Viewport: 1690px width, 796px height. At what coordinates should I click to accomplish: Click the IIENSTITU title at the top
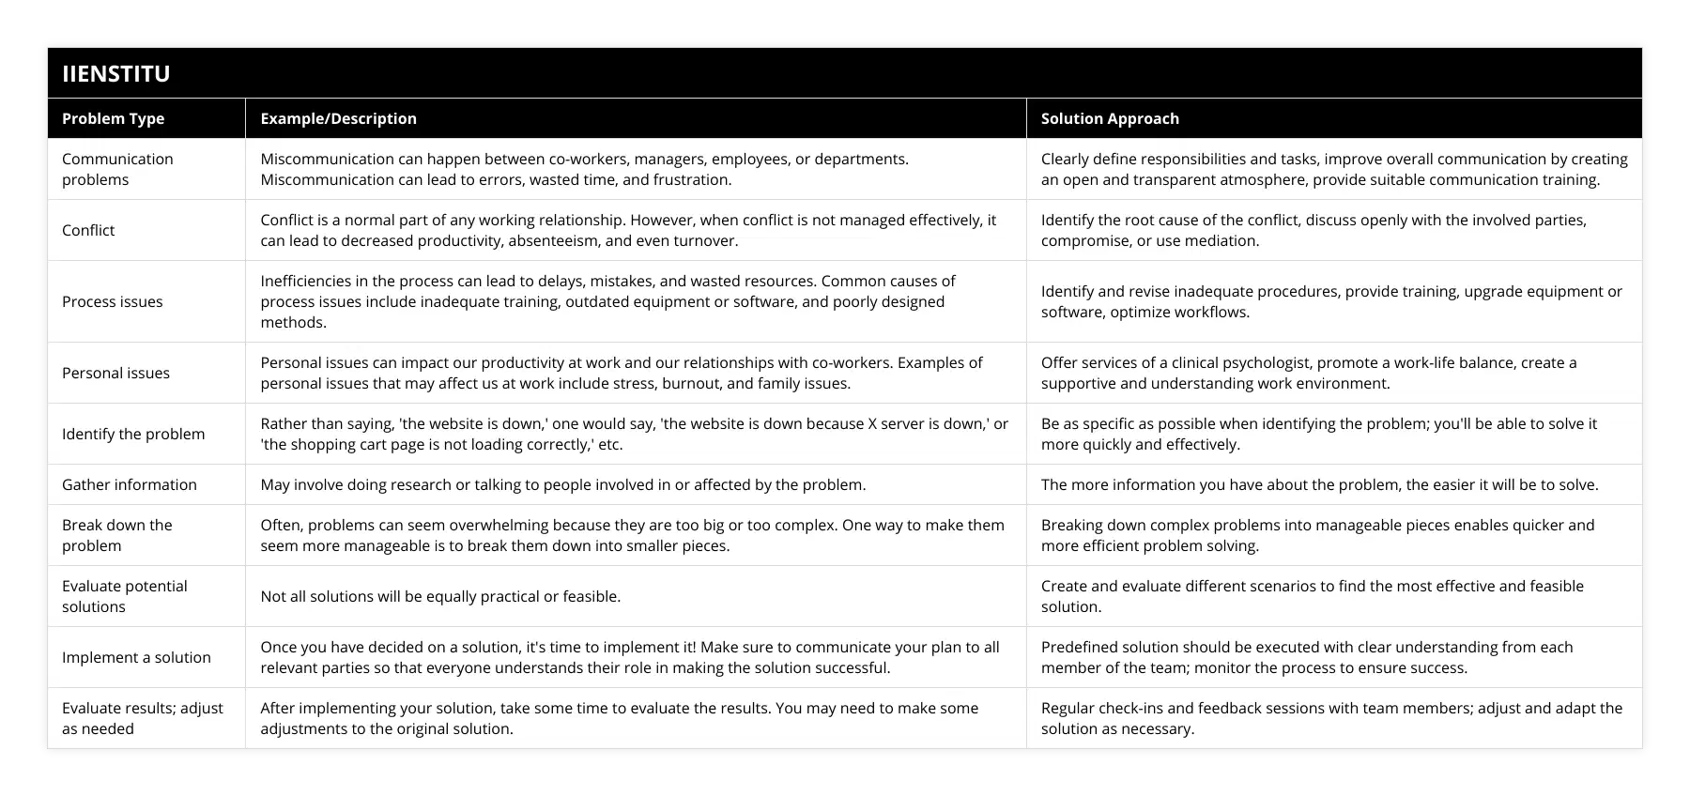116,73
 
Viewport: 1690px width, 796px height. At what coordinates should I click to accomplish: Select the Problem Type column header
113,118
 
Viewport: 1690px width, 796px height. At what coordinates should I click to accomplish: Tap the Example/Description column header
338,118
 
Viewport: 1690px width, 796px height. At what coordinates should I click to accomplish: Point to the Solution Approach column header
1110,118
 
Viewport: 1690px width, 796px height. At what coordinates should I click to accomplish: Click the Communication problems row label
117,169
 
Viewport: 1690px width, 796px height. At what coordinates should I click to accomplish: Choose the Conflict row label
88,230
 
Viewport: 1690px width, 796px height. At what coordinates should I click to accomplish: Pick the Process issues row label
112,301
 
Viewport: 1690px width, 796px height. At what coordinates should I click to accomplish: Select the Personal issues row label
115,373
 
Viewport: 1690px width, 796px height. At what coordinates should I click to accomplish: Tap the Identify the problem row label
133,434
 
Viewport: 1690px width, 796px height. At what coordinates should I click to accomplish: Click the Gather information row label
130,484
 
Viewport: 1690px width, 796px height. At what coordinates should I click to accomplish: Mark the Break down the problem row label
117,535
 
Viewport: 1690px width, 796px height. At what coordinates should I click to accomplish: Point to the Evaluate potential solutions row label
125,596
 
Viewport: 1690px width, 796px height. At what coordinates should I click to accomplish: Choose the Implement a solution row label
136,657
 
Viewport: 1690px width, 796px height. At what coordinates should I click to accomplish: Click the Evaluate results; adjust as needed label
143,718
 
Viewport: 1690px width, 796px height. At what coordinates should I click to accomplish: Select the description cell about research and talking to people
563,484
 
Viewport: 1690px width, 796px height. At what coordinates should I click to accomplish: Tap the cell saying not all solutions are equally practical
440,596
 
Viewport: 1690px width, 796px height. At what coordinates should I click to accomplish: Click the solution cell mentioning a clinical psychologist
1309,373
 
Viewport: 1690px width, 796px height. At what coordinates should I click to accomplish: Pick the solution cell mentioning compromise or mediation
1314,230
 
